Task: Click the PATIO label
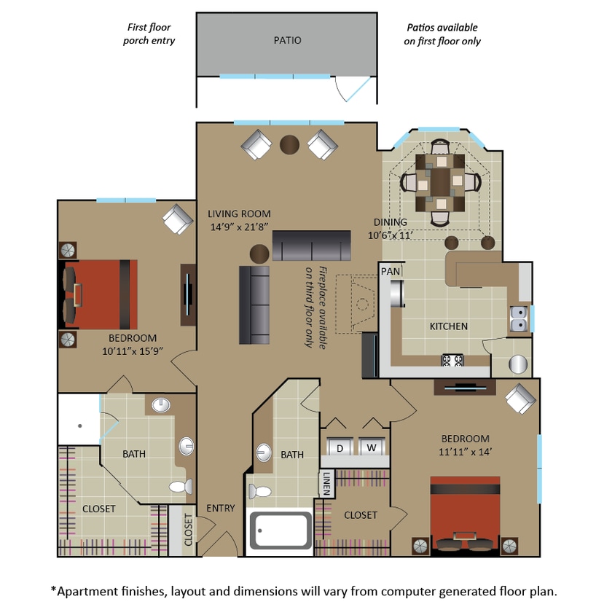click(287, 41)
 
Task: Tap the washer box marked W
click(371, 447)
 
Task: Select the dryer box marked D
click(340, 447)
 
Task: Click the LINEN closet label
click(326, 483)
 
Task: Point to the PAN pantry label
click(390, 271)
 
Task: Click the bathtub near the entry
click(281, 530)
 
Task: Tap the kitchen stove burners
click(452, 359)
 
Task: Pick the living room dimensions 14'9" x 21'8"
click(239, 227)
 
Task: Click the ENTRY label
click(221, 508)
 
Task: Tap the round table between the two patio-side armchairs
click(290, 144)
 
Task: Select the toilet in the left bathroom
click(179, 486)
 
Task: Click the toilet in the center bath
click(259, 490)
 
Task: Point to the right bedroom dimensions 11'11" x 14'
click(465, 451)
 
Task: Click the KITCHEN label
click(448, 326)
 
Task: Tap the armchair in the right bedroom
click(520, 399)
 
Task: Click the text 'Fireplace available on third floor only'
click(313, 306)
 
